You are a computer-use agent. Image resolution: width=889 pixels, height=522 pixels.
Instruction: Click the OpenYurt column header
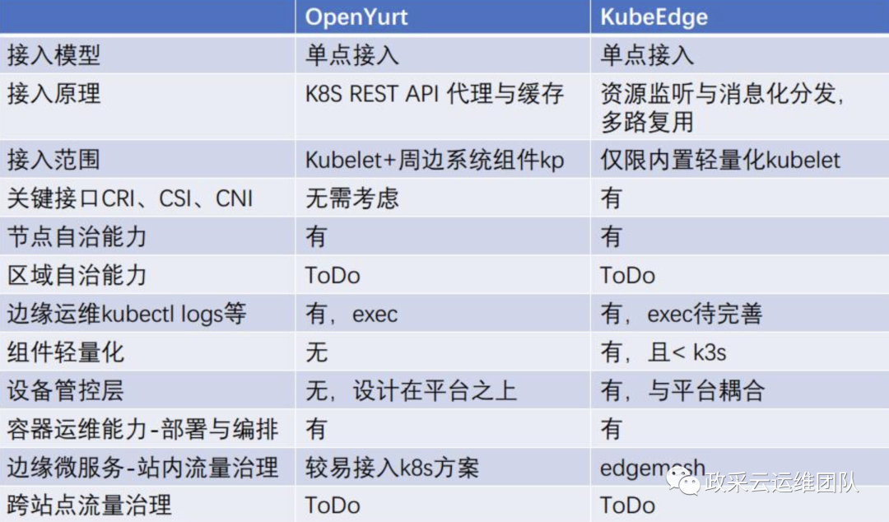(356, 17)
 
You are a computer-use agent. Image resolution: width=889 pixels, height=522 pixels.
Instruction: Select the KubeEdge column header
(654, 17)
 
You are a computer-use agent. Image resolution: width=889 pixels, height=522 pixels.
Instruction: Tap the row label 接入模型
(54, 55)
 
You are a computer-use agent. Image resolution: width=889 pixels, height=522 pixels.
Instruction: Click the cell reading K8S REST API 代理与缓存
(435, 94)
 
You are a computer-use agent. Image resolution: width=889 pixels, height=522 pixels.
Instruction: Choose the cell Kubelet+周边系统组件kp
(435, 160)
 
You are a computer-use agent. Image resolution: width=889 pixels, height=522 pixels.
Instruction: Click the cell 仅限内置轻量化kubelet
(720, 160)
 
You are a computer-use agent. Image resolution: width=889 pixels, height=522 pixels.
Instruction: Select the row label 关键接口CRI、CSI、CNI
(130, 198)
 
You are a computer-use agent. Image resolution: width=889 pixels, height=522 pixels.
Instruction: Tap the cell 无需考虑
(352, 198)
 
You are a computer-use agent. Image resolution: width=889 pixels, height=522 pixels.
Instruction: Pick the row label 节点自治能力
(77, 236)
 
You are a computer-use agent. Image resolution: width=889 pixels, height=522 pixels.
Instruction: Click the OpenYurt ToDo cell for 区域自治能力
(333, 276)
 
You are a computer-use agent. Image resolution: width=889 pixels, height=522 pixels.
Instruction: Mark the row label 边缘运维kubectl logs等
(127, 313)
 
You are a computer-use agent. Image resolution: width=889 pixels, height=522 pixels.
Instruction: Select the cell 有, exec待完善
(682, 314)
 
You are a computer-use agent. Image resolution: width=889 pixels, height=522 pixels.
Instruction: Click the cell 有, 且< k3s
(663, 352)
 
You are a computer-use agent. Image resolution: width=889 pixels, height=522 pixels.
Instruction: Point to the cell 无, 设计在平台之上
(411, 391)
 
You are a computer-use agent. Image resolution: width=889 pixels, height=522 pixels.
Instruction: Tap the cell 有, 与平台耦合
(682, 391)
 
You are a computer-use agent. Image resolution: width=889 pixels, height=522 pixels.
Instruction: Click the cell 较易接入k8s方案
(393, 468)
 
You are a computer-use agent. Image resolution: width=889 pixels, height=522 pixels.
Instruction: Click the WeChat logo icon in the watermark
(683, 482)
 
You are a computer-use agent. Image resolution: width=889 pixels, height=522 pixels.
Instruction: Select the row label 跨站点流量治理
(89, 505)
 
